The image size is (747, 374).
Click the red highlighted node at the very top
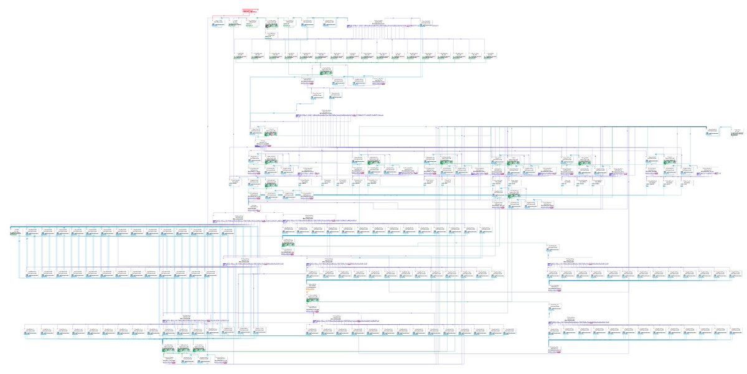point(251,11)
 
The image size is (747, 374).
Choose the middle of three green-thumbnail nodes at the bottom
point(184,347)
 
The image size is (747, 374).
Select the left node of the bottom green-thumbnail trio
point(169,347)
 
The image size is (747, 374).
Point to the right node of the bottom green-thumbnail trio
point(200,347)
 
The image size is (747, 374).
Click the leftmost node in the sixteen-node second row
point(240,57)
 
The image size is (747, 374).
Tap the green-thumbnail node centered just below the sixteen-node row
point(326,70)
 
